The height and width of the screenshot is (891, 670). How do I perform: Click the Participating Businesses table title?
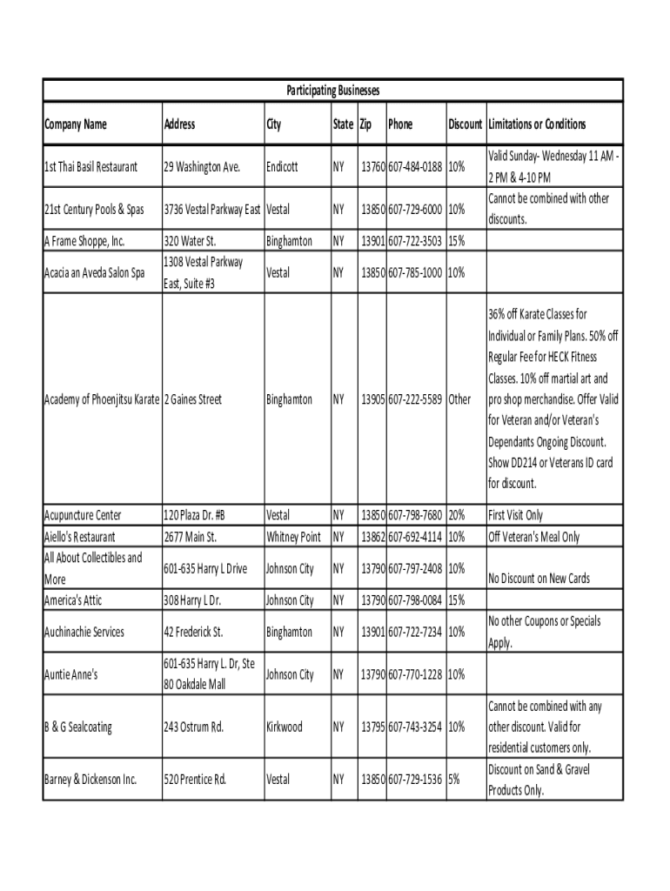click(x=333, y=90)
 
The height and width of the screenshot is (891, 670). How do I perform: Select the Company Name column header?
click(x=76, y=124)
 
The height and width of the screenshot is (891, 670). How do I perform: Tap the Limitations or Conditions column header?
click(x=537, y=124)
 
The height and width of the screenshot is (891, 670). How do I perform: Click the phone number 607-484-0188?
click(x=416, y=166)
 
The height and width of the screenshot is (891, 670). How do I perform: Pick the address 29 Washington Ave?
click(x=201, y=166)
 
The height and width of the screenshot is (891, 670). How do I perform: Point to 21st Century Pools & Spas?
click(x=94, y=210)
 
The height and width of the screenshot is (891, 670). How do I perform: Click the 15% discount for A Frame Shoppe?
click(x=457, y=241)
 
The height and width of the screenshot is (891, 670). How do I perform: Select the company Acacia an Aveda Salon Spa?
click(x=95, y=272)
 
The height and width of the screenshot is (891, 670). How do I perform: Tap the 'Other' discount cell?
click(x=461, y=399)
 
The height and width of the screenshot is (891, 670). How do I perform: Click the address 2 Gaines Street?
click(x=192, y=399)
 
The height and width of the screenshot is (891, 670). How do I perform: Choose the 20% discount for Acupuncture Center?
click(x=458, y=515)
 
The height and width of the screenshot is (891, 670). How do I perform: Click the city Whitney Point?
click(x=294, y=537)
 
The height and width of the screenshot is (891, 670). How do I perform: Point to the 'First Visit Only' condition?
click(x=516, y=515)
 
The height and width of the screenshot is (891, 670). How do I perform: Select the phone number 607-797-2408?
click(x=416, y=569)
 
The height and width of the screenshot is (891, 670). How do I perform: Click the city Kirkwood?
click(x=285, y=727)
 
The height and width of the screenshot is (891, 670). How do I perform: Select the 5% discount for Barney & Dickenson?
click(x=454, y=780)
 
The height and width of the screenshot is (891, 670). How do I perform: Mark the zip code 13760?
click(x=373, y=166)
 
